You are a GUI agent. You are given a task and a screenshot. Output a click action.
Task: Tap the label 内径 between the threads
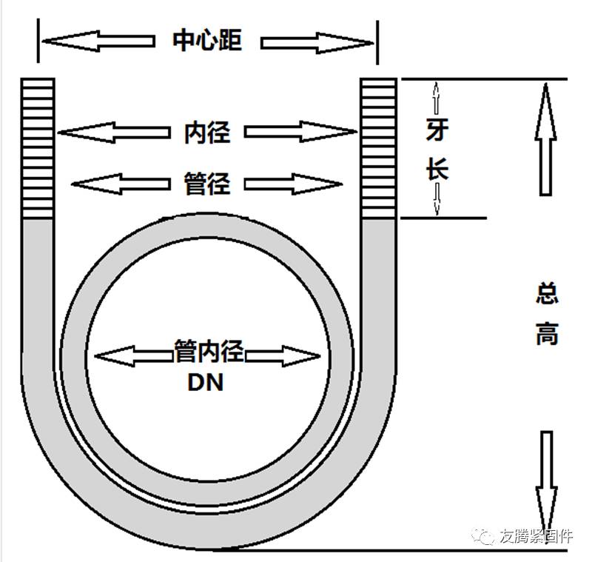(207, 133)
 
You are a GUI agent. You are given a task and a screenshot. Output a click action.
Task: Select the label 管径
(207, 183)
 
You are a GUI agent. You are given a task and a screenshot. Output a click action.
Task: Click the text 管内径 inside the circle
(209, 349)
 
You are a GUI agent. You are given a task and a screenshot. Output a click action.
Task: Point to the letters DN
(206, 384)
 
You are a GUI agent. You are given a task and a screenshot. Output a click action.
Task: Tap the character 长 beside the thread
(437, 170)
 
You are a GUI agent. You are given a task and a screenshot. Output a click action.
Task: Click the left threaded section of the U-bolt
(38, 148)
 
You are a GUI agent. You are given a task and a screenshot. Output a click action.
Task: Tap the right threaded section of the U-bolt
(378, 148)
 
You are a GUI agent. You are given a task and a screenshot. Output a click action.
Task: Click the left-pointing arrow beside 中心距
(96, 40)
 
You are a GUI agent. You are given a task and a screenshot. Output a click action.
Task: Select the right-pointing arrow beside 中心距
(318, 40)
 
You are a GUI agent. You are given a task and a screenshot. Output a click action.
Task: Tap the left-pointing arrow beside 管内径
(133, 356)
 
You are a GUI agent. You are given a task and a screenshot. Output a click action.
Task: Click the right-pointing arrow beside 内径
(300, 133)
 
